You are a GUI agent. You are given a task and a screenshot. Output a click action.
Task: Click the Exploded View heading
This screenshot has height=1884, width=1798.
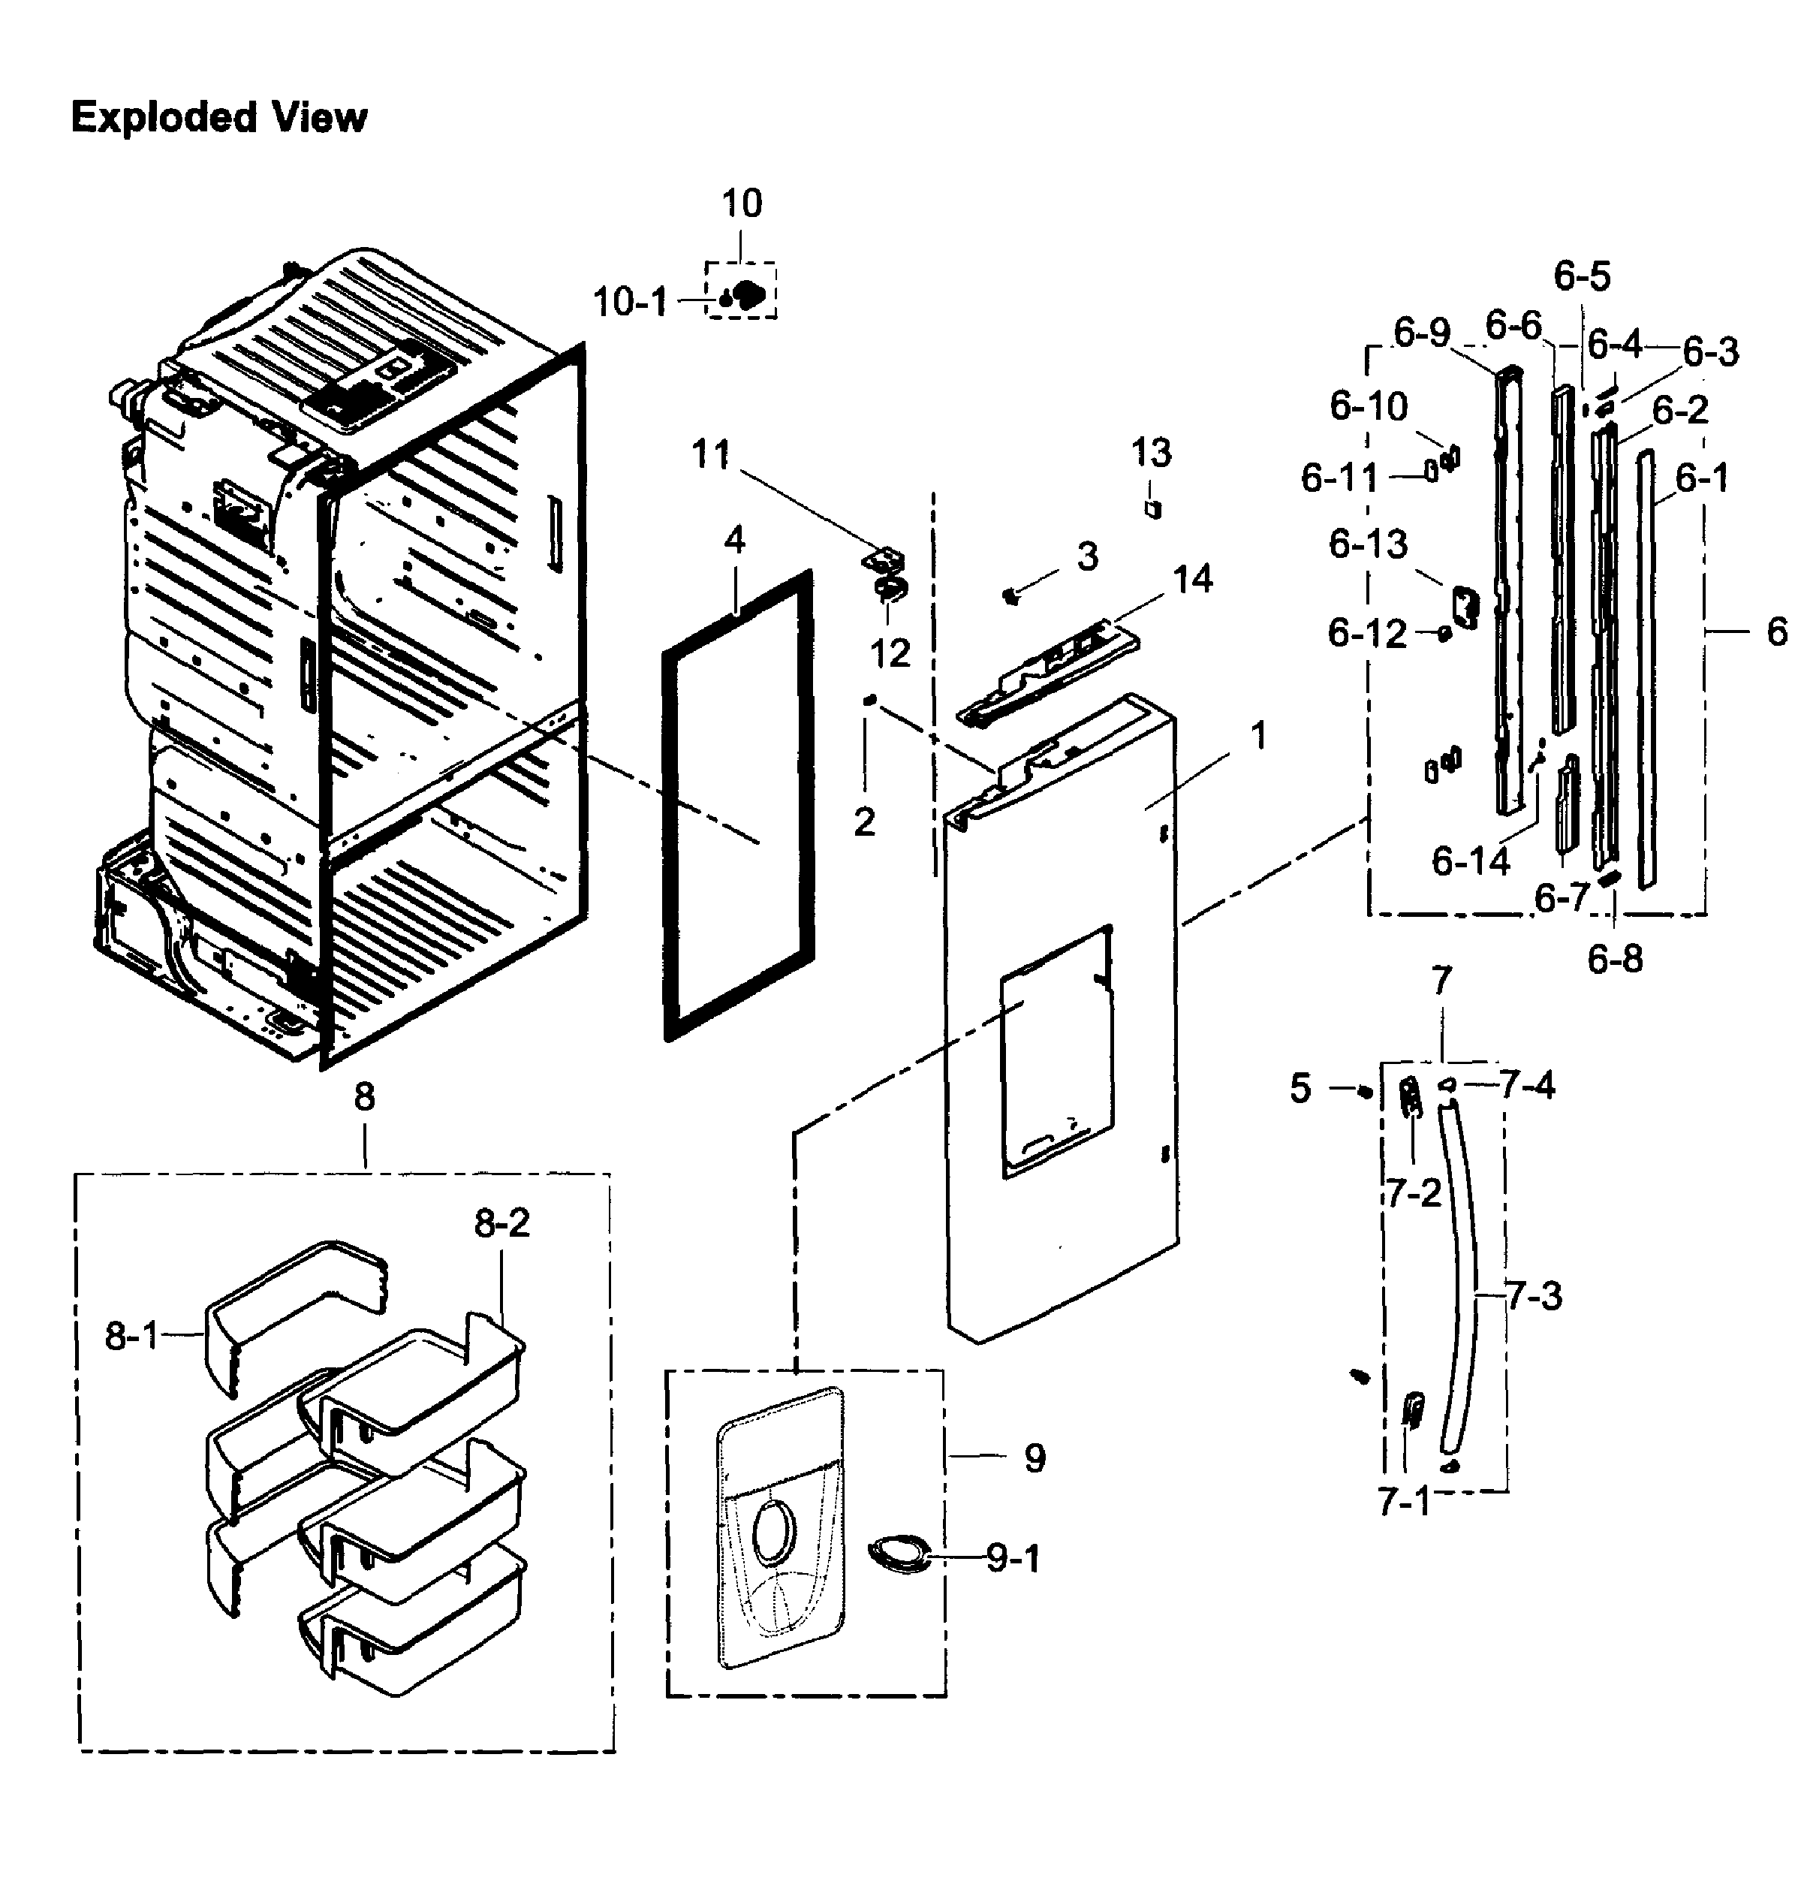[x=218, y=117]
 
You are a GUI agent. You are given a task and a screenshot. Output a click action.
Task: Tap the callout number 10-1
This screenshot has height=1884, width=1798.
[x=628, y=302]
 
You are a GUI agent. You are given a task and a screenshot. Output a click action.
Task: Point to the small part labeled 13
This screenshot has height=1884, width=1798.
[x=1154, y=508]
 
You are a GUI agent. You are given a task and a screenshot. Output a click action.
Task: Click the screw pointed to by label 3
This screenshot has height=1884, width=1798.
[x=1009, y=596]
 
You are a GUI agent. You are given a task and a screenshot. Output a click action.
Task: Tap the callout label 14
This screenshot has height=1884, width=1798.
[x=1193, y=579]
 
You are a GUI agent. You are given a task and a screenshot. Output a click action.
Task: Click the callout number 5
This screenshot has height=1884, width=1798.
[x=1300, y=1089]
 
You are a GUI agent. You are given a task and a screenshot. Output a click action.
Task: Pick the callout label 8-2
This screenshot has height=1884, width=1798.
[x=501, y=1222]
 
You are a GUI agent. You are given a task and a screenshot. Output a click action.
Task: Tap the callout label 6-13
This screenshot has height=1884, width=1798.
[x=1368, y=544]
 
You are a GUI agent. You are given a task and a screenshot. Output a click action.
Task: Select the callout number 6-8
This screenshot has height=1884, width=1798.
[x=1615, y=958]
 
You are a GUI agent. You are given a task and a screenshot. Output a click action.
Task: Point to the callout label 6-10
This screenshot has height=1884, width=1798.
[x=1369, y=405]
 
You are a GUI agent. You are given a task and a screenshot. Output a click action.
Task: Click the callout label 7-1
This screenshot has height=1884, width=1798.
[x=1403, y=1502]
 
